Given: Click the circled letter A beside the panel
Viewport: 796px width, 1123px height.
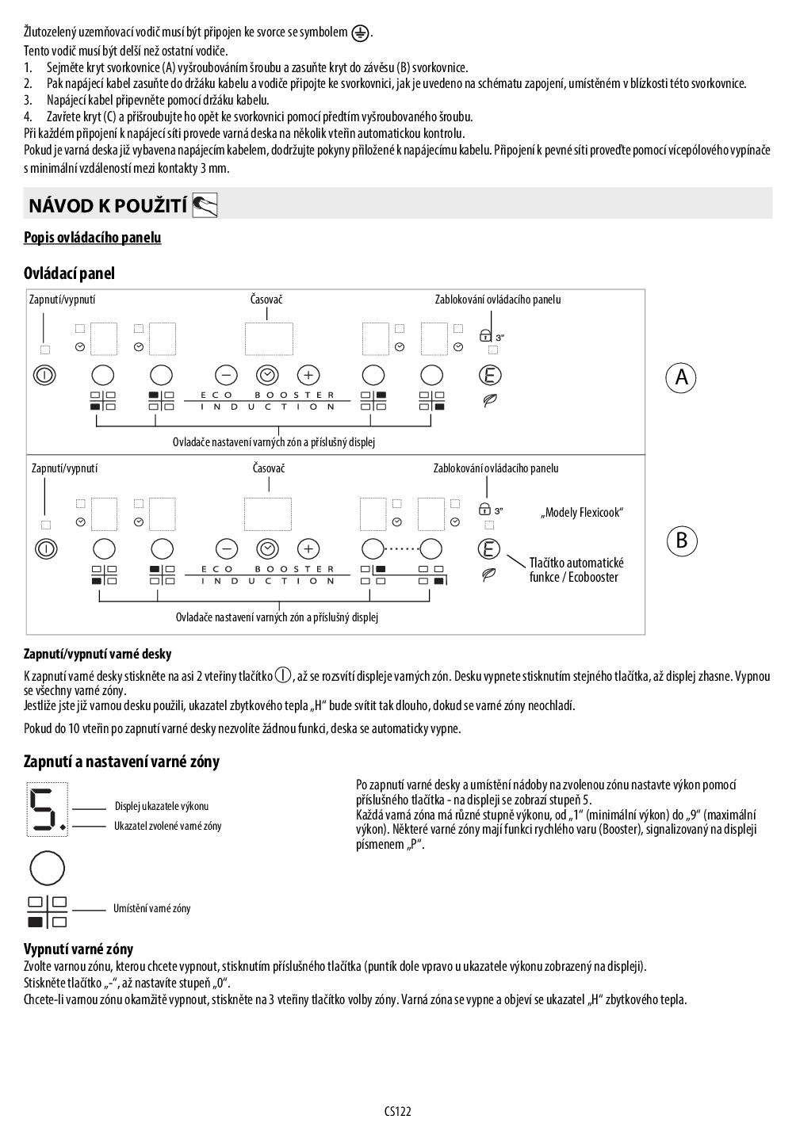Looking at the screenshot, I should (x=681, y=377).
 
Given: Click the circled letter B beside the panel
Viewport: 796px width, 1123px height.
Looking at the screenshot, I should (x=681, y=541).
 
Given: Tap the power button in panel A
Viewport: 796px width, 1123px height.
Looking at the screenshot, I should (x=44, y=375).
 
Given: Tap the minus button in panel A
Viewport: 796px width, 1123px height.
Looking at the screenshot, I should (x=226, y=375).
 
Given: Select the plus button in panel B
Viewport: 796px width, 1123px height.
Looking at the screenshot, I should (x=308, y=548).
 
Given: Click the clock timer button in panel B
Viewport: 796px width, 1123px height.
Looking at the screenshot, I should (x=268, y=548).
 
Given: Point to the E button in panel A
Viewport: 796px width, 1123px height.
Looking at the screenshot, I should (x=491, y=375).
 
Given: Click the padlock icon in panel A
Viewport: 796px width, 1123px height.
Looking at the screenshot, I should (x=485, y=336).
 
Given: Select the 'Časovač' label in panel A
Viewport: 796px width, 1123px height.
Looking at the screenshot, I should (x=266, y=300).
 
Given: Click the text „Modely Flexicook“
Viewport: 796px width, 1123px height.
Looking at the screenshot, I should (x=582, y=513).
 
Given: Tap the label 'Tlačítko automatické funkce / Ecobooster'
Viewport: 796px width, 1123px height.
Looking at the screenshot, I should (x=576, y=570).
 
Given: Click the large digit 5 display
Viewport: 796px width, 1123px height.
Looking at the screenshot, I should (x=47, y=809).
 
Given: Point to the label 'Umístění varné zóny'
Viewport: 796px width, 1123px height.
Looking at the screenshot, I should (x=151, y=908).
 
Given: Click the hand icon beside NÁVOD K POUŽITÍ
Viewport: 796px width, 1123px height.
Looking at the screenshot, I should (x=205, y=206).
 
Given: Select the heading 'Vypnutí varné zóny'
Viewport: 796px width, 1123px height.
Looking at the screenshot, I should (x=78, y=949).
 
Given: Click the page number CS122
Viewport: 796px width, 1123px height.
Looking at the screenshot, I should (x=398, y=1111).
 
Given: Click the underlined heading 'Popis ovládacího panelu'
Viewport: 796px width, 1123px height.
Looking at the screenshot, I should (x=92, y=238).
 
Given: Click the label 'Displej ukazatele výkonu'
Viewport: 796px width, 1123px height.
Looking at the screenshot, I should (x=162, y=806).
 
